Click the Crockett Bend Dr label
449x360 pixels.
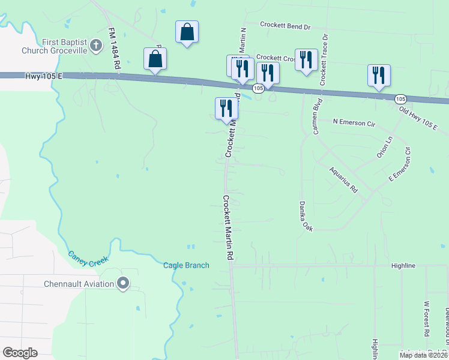[285, 26]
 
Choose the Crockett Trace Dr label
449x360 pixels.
[324, 59]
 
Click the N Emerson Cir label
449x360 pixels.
[354, 122]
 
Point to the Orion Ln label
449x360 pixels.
[384, 146]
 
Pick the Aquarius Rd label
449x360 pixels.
[343, 179]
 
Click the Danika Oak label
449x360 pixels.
[306, 217]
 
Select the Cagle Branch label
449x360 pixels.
[187, 265]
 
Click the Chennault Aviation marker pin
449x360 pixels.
[124, 283]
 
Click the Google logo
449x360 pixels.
[20, 353]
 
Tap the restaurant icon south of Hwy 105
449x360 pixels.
[226, 108]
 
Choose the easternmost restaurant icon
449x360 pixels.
[379, 74]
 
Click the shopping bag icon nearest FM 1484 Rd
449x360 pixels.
[155, 59]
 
